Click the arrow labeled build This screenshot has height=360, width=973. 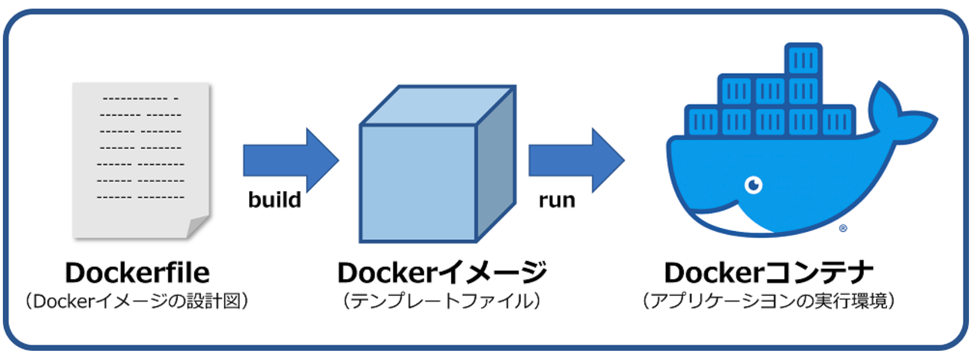click(288, 160)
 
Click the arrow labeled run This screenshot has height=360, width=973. click(573, 160)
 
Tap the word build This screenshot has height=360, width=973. click(274, 200)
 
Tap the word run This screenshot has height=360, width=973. click(556, 200)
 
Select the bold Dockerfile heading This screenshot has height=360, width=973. click(137, 273)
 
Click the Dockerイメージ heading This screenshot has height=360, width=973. click(441, 273)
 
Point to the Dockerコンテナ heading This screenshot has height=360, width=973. click(768, 273)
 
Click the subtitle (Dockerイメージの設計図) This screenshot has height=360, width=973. click(137, 301)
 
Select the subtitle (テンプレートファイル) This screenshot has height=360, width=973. click(441, 301)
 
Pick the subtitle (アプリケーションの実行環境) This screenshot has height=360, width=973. click(768, 301)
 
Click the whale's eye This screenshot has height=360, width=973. click(753, 185)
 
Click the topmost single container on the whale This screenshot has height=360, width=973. click(803, 59)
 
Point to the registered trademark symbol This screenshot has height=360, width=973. click(843, 228)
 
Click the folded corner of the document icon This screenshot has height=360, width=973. click(197, 226)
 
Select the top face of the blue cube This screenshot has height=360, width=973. click(437, 105)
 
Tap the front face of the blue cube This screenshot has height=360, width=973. click(418, 182)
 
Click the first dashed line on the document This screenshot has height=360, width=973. click(140, 98)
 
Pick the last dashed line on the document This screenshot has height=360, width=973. click(140, 197)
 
